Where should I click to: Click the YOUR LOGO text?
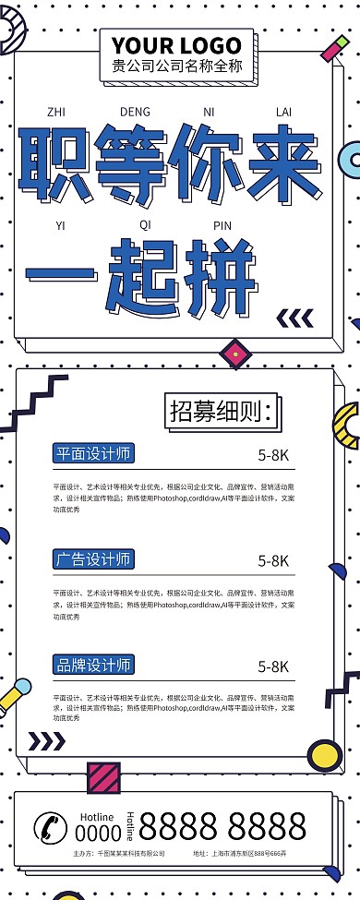176,44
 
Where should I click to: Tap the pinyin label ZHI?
56,113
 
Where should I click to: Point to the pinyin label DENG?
135,113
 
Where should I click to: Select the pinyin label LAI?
283,113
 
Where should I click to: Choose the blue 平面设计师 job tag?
93,453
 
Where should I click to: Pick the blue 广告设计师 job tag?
93,558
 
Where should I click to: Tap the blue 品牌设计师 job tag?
93,664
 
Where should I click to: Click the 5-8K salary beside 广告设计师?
274,560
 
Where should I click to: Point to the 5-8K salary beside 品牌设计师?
274,666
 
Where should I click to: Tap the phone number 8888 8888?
222,825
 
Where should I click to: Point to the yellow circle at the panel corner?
324,755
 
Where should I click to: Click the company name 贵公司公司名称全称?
176,66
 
